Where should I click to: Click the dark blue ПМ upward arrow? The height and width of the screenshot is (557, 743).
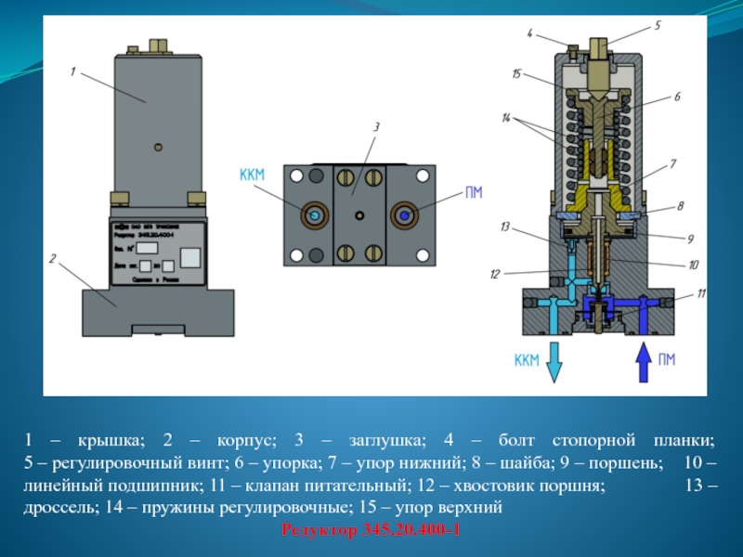tap(642, 362)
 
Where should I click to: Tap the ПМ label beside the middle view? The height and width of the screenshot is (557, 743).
tap(475, 193)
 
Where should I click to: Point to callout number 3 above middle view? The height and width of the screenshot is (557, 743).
tap(377, 126)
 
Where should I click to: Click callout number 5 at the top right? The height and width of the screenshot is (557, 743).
tap(658, 26)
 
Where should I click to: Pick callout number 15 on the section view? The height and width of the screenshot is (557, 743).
tap(516, 72)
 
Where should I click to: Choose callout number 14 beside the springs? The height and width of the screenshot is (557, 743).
tap(506, 118)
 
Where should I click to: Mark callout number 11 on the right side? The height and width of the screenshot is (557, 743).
tap(701, 293)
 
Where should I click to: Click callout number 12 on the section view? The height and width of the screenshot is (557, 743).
tap(494, 274)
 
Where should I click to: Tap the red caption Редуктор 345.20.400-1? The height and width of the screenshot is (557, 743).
tap(371, 529)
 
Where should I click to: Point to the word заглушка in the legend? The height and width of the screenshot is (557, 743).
tap(381, 438)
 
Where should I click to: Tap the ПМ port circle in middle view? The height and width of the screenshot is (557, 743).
tap(406, 214)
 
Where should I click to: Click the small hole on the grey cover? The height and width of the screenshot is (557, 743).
tap(160, 146)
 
